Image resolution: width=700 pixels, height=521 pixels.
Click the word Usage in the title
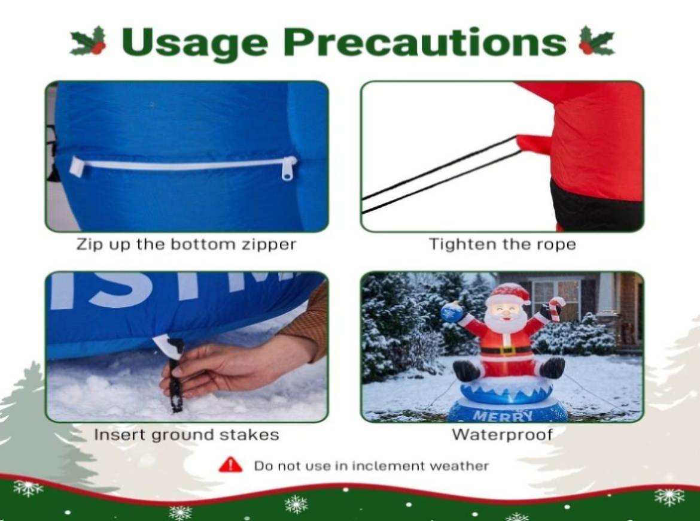(194, 43)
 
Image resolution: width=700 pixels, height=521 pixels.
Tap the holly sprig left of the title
(89, 41)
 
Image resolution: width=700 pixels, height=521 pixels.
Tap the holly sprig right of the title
(596, 41)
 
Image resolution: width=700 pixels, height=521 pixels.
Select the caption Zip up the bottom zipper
(186, 244)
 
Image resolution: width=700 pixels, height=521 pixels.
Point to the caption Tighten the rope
(502, 244)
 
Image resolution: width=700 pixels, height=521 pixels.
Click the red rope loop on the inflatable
(534, 144)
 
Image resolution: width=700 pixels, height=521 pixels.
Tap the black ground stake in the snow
(175, 375)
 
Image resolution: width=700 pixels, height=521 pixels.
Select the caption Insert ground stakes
(187, 435)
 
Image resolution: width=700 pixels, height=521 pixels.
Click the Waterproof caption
(502, 434)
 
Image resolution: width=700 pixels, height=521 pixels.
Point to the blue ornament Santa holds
(452, 312)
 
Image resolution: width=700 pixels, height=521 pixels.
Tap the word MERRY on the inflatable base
(503, 416)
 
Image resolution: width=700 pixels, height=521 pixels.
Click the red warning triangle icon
(230, 465)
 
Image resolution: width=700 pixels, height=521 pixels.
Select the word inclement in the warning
(388, 465)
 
